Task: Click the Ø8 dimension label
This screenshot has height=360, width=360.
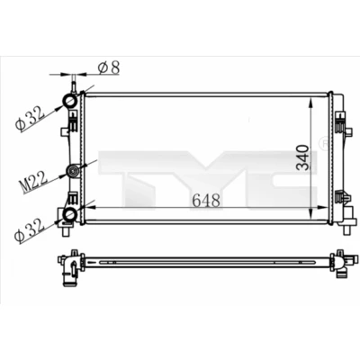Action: tap(109, 67)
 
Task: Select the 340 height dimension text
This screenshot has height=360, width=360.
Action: tap(302, 157)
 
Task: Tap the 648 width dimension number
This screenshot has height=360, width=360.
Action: tap(206, 201)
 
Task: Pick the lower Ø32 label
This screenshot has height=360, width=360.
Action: tap(30, 230)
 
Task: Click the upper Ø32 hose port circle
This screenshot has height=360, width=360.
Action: tap(69, 101)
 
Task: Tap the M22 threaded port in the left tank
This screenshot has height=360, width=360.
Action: tap(73, 172)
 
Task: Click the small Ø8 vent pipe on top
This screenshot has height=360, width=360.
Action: tap(73, 85)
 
